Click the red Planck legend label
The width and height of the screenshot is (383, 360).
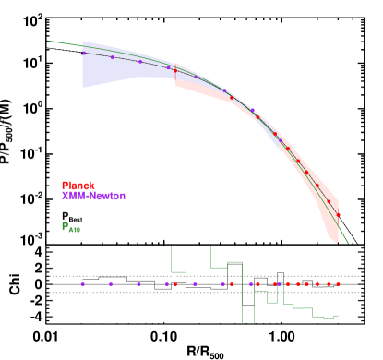[x=78, y=186]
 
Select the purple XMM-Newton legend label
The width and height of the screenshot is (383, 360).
[x=93, y=196]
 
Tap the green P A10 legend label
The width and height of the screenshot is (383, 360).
[x=71, y=226]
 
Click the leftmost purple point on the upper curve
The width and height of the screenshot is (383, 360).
[x=83, y=53]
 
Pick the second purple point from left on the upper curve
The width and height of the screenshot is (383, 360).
[x=112, y=57]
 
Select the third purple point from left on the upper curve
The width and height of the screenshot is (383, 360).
[x=140, y=62]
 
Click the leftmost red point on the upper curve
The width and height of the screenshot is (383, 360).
[x=175, y=70]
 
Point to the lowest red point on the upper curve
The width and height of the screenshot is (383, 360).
[x=338, y=215]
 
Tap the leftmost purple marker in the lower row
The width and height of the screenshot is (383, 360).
[x=82, y=284]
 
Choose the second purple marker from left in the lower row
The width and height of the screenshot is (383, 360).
[x=110, y=284]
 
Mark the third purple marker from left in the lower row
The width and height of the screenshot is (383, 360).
[x=138, y=284]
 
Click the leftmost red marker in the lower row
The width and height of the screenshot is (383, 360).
[x=174, y=284]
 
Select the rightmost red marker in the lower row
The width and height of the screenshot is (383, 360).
[x=338, y=284]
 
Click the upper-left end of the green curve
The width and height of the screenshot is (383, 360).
[x=48, y=41]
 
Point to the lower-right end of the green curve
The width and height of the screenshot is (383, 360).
[x=349, y=244]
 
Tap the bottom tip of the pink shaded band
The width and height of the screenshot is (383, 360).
[x=335, y=244]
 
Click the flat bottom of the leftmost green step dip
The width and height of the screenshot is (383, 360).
[x=178, y=271]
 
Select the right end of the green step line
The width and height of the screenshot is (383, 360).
[x=338, y=316]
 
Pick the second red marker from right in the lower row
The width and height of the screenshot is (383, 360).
[x=328, y=284]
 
